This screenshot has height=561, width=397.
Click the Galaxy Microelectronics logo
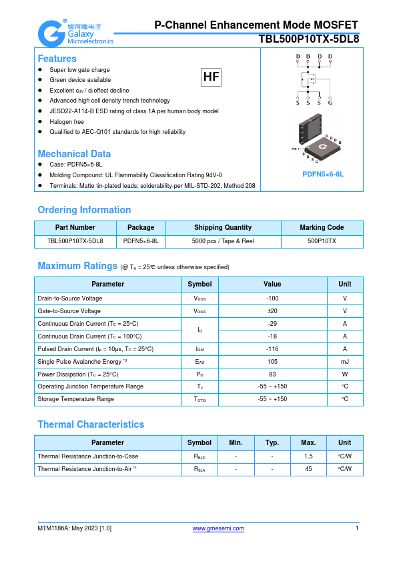(x=75, y=32)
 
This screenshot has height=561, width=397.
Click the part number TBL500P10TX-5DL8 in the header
(x=308, y=39)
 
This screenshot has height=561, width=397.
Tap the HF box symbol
(x=211, y=77)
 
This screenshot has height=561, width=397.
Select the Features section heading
(x=57, y=59)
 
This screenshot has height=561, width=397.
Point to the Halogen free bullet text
(x=67, y=122)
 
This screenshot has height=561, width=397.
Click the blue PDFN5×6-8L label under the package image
(x=323, y=174)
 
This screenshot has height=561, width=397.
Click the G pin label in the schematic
(x=330, y=103)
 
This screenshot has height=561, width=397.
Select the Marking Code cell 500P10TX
(x=322, y=241)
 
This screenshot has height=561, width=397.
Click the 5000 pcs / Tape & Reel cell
(x=223, y=241)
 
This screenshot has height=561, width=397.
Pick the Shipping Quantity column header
(x=223, y=227)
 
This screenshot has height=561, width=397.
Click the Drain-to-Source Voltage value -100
(x=272, y=298)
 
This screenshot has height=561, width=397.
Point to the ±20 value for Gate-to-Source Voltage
(x=272, y=311)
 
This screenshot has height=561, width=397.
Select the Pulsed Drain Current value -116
(x=272, y=349)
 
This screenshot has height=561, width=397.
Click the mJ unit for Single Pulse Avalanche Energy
(x=344, y=362)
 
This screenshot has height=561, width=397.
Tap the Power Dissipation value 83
(x=272, y=374)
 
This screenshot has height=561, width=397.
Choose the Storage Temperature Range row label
(x=75, y=400)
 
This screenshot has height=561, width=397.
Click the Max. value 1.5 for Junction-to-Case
(x=308, y=456)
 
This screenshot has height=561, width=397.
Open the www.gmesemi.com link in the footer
(x=218, y=528)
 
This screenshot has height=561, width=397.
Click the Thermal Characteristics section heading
(x=91, y=424)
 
